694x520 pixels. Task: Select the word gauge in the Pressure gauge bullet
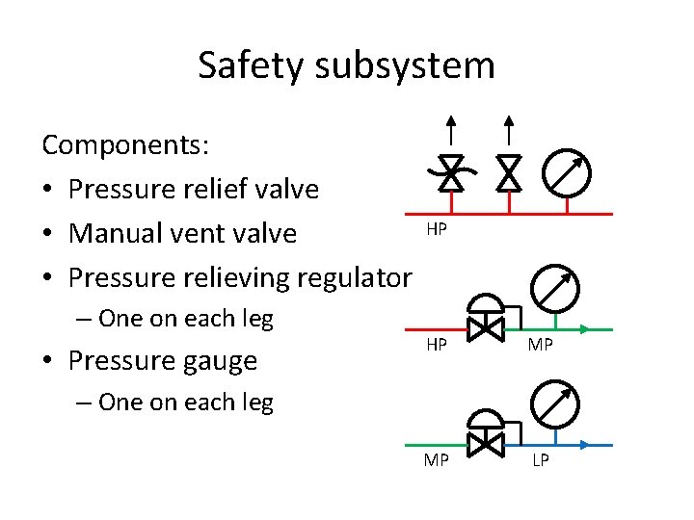coord(223,360)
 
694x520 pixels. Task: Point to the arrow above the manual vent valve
coord(508,131)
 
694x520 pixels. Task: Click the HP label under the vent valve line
coord(437,230)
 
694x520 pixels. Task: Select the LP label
coord(541,460)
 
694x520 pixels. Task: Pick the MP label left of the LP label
coord(437,460)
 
